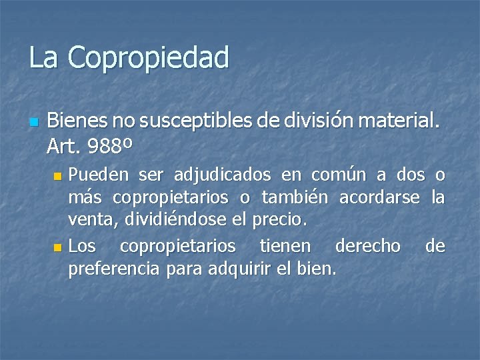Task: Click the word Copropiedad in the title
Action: pos(148,58)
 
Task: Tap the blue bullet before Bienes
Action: pos(34,122)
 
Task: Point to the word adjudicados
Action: pos(222,175)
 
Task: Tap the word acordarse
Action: pos(380,198)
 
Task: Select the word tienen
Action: pos(285,246)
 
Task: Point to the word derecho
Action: pos(368,246)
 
